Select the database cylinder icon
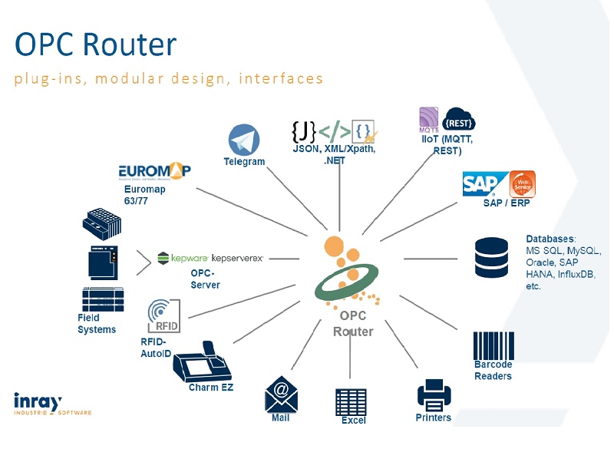pos(491,259)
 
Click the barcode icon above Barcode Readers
pos(493,345)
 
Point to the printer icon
pos(434,397)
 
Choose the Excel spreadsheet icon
pos(352,401)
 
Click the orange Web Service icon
pos(523,184)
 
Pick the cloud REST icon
pos(460,120)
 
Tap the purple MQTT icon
pos(428,119)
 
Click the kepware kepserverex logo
pos(210,259)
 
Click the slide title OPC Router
pos(96,45)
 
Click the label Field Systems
pos(96,324)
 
